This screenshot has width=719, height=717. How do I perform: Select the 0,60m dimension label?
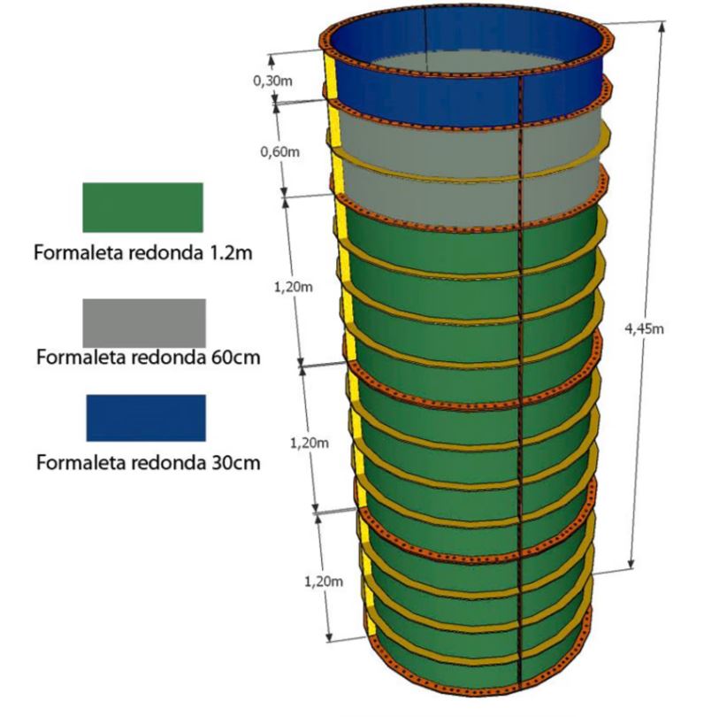pyautogui.click(x=279, y=151)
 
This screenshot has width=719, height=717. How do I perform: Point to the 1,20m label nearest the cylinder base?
pyautogui.click(x=321, y=582)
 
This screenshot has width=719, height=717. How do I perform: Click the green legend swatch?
pyautogui.click(x=142, y=207)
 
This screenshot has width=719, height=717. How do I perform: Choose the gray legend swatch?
pyautogui.click(x=144, y=322)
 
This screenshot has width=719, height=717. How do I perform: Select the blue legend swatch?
pyautogui.click(x=146, y=418)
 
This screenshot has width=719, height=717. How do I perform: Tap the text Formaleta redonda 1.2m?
pyautogui.click(x=144, y=252)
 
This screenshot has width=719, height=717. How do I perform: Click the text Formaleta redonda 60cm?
pyautogui.click(x=148, y=358)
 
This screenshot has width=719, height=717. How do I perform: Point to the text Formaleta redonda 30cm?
pyautogui.click(x=148, y=463)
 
